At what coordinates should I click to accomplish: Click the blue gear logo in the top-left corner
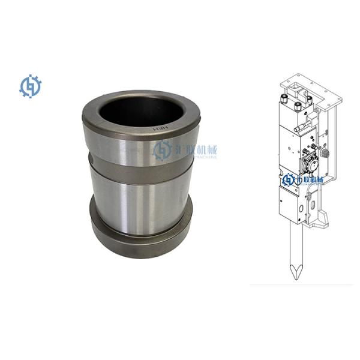(x=28, y=86)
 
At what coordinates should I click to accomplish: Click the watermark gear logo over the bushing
(x=162, y=150)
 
